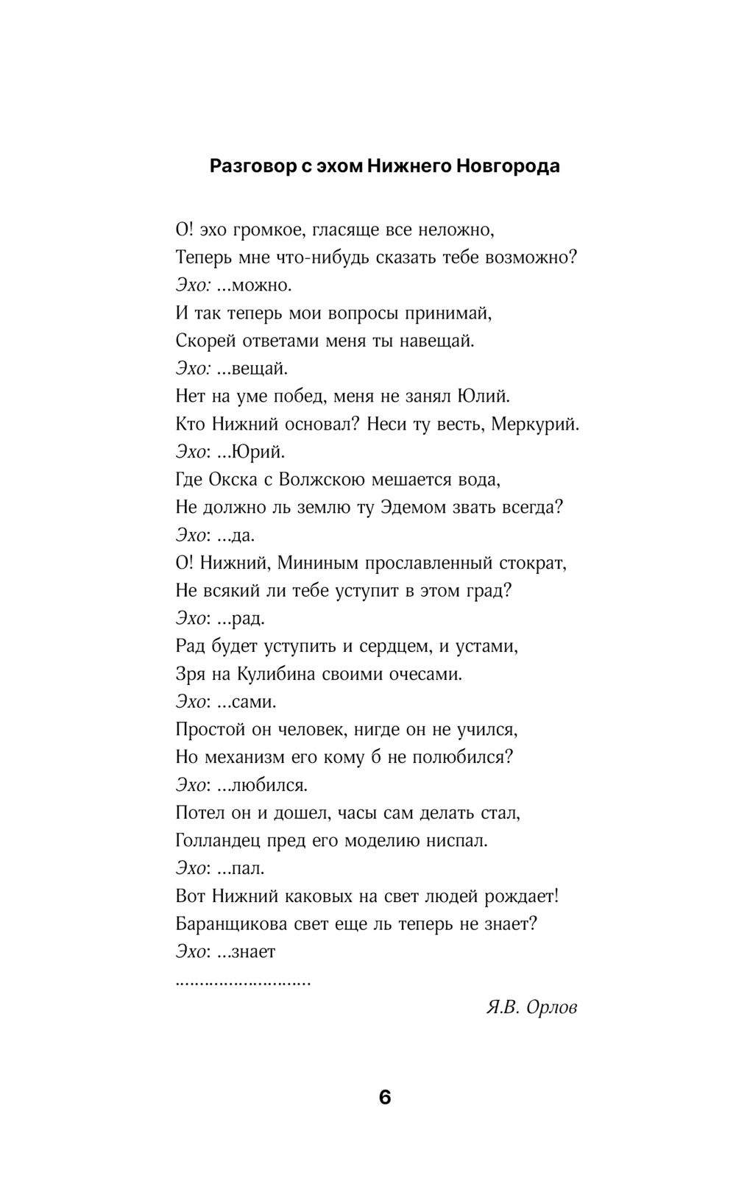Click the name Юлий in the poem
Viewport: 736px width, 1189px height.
point(484,397)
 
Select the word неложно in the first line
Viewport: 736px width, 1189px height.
point(456,230)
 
